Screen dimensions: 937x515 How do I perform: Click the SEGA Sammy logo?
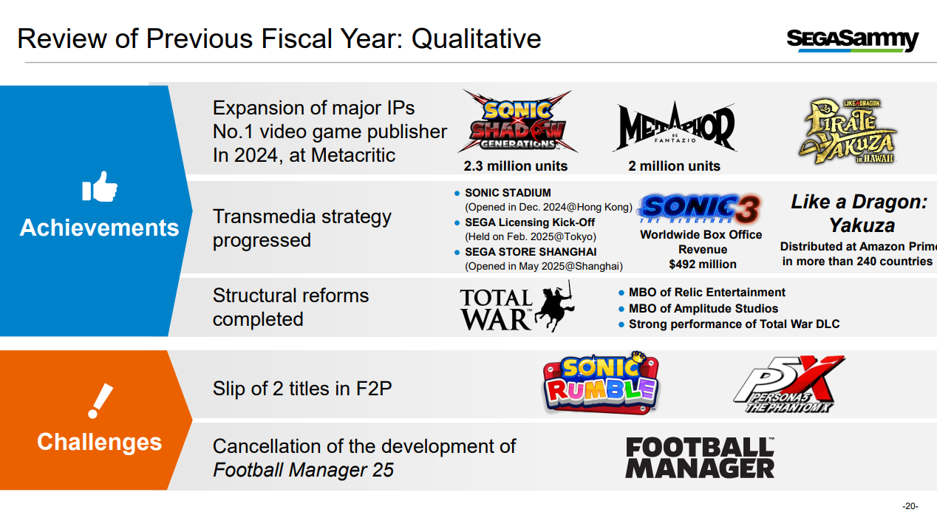[852, 41]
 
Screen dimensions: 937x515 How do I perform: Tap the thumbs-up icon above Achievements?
[100, 187]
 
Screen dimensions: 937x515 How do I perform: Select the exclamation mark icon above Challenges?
[100, 400]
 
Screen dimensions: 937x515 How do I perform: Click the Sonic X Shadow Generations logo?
[517, 122]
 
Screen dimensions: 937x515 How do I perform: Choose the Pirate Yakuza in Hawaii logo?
[847, 132]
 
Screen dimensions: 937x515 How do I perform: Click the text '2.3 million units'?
[515, 166]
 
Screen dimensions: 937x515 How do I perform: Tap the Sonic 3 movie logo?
[699, 208]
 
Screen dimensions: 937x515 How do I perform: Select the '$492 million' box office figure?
[703, 265]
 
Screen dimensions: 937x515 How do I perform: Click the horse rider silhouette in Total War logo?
[553, 306]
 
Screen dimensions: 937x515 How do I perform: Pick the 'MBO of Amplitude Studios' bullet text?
[703, 308]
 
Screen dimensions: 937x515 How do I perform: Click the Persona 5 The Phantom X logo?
[789, 384]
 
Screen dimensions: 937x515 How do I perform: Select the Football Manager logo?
[700, 457]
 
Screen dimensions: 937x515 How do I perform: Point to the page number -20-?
[910, 506]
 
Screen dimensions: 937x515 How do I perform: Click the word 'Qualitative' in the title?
[476, 39]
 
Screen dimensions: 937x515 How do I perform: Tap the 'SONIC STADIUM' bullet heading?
[508, 193]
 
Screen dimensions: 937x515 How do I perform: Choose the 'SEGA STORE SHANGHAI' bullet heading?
[531, 252]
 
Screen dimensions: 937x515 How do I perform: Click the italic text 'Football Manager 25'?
[303, 470]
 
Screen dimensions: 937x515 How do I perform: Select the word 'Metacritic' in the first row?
[353, 155]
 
